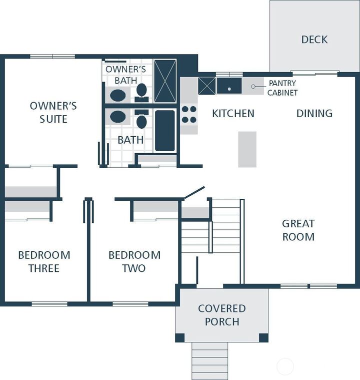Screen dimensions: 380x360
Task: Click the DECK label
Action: tap(314, 39)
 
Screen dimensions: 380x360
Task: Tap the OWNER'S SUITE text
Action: tap(53, 112)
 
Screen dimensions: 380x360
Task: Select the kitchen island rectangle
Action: tap(247, 149)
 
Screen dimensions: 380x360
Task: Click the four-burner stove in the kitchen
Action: tap(189, 114)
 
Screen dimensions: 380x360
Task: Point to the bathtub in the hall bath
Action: tap(165, 131)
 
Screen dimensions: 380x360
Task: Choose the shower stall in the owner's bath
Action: tap(165, 81)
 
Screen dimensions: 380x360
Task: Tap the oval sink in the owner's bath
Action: tap(118, 95)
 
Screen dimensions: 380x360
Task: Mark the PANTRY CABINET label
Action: tap(282, 88)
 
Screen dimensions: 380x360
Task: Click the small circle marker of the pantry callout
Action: tap(253, 87)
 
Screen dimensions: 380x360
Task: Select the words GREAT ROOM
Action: tap(298, 230)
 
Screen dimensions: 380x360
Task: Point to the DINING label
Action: tap(314, 113)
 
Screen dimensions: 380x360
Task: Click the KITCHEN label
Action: tap(233, 113)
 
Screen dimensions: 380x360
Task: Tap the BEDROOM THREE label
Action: tap(44, 261)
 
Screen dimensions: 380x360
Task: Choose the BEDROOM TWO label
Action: tap(134, 261)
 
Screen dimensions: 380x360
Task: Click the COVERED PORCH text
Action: tap(222, 315)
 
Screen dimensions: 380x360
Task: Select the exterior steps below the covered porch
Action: tap(210, 360)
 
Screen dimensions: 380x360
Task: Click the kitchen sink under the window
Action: tap(229, 86)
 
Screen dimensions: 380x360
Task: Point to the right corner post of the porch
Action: tap(263, 337)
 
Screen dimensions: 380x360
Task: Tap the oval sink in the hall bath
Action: tap(118, 117)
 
